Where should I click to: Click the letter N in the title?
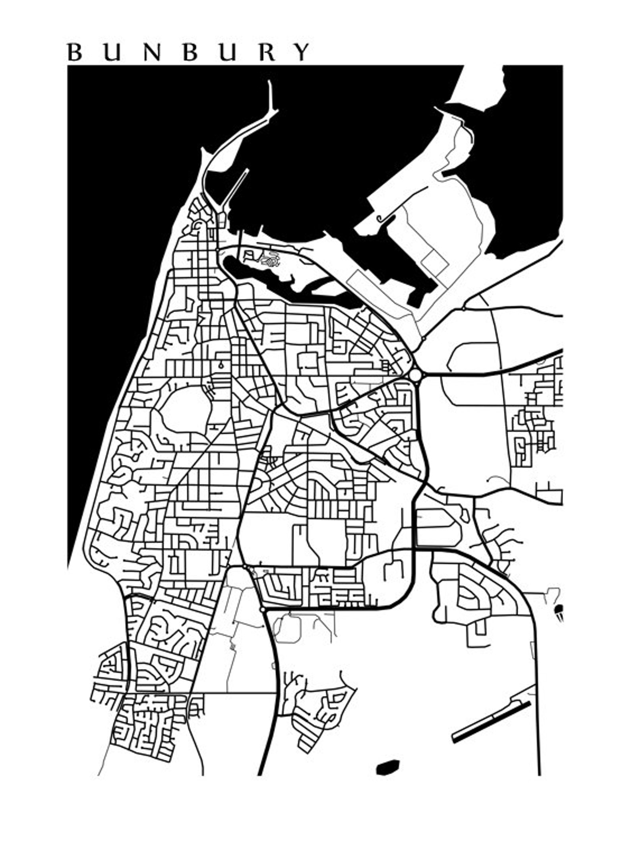(152, 52)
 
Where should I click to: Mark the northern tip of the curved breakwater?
(270, 82)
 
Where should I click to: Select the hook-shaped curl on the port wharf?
(380, 218)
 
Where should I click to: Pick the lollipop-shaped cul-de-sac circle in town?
(221, 365)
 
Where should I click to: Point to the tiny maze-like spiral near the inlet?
(271, 261)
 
